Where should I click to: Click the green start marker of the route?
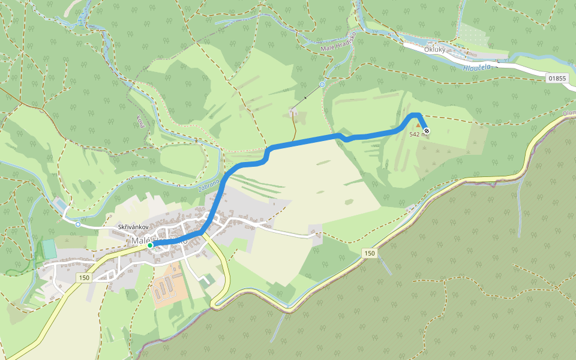point(150,245)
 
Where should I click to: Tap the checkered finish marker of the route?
point(426,130)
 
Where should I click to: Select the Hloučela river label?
point(476,67)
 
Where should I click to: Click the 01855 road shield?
point(557,78)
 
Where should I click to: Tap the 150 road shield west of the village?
point(83,278)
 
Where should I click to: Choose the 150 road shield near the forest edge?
point(368,254)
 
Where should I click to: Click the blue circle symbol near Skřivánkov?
point(78,224)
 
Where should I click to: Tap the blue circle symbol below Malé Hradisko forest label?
point(322,85)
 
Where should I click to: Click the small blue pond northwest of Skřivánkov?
point(61,206)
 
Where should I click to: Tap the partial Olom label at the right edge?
point(569,113)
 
